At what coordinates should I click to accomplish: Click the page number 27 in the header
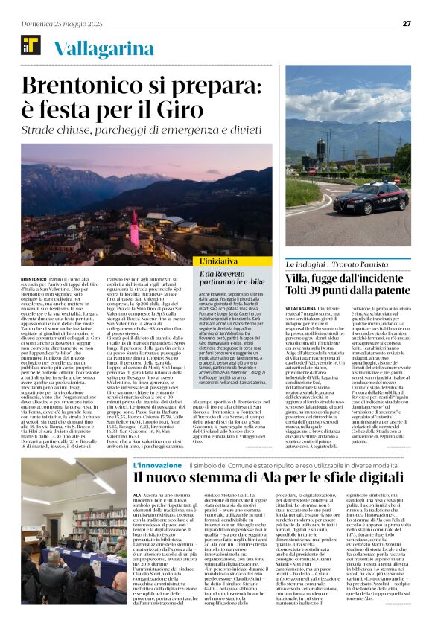coord(407,23)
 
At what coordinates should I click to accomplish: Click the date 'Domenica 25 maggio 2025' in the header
coord(62,24)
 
